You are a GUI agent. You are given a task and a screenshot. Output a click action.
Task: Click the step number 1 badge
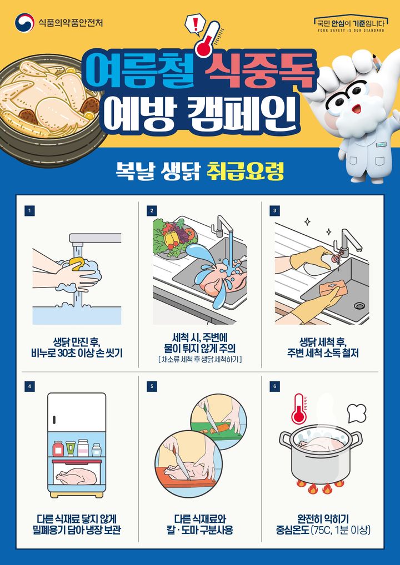pyautogui.click(x=29, y=210)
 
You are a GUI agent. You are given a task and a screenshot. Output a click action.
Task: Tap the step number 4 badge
pyautogui.click(x=29, y=386)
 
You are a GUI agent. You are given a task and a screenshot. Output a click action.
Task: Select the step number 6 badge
pyautogui.click(x=274, y=386)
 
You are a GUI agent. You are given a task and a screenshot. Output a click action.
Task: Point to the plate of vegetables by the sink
pyautogui.click(x=173, y=238)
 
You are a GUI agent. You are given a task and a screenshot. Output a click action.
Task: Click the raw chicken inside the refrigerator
pyautogui.click(x=78, y=476)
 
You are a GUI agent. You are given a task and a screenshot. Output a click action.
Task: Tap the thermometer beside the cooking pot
pyautogui.click(x=300, y=410)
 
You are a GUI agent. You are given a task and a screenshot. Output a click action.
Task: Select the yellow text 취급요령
pyautogui.click(x=245, y=170)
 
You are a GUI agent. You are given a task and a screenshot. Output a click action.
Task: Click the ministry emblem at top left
pyautogui.click(x=24, y=23)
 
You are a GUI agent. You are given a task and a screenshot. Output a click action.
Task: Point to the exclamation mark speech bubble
pyautogui.click(x=195, y=24)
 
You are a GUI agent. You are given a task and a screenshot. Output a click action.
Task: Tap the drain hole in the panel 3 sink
pyautogui.click(x=359, y=305)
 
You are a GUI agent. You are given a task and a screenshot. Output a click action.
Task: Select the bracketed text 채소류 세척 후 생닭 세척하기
pyautogui.click(x=200, y=360)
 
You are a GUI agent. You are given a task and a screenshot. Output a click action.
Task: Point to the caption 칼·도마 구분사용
pyautogui.click(x=200, y=531)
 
